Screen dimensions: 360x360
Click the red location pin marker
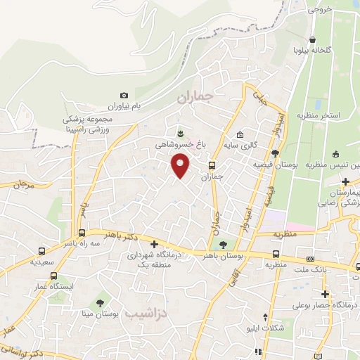tap(181, 167)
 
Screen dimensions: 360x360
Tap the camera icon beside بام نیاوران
tap(124, 95)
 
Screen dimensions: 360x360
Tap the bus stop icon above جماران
tap(212, 166)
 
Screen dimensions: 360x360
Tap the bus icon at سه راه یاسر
tap(82, 233)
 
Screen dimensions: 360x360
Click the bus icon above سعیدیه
tap(42, 251)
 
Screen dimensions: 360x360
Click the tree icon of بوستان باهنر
tap(223, 245)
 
